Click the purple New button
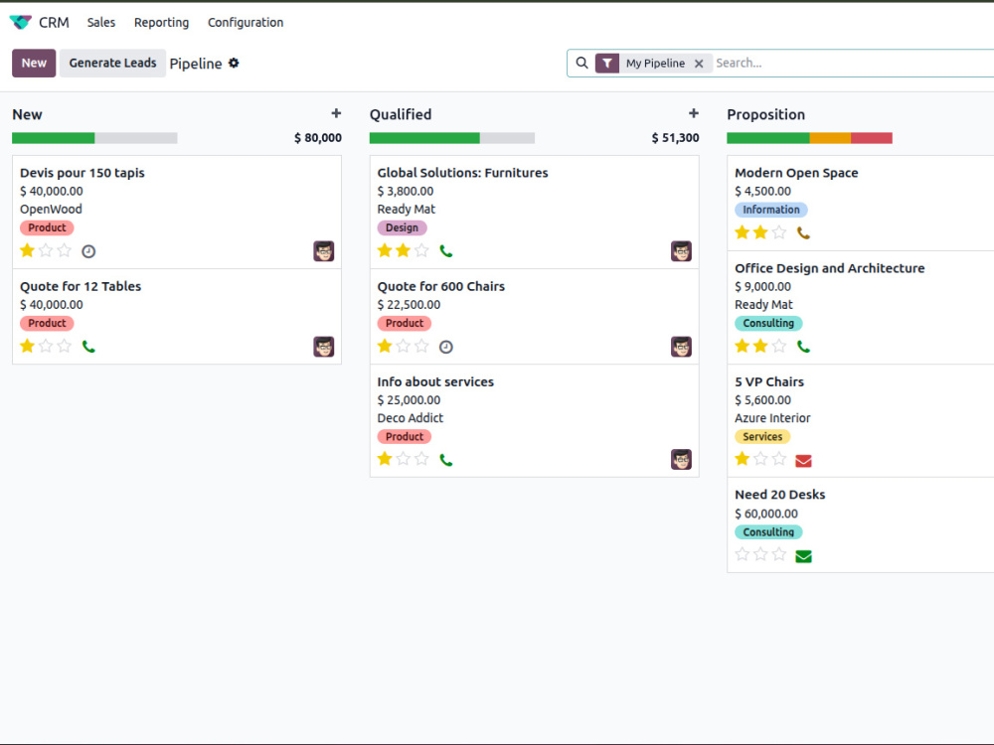coord(34,63)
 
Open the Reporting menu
coord(161,22)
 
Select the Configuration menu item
coord(246,22)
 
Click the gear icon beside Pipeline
coord(234,63)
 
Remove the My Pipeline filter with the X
coord(699,64)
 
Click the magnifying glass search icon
coord(581,63)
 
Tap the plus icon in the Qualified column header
coord(694,113)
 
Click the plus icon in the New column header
coord(336,113)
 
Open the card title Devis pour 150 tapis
coord(82,173)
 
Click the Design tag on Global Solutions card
coord(402,227)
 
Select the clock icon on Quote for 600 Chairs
coord(446,347)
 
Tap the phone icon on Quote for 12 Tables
coord(88,347)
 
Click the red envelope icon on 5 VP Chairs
coord(803,461)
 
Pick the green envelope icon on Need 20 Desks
coord(803,556)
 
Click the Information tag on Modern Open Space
coord(771,210)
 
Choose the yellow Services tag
coord(762,436)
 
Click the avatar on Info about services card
coord(681,459)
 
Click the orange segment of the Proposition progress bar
coord(830,138)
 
